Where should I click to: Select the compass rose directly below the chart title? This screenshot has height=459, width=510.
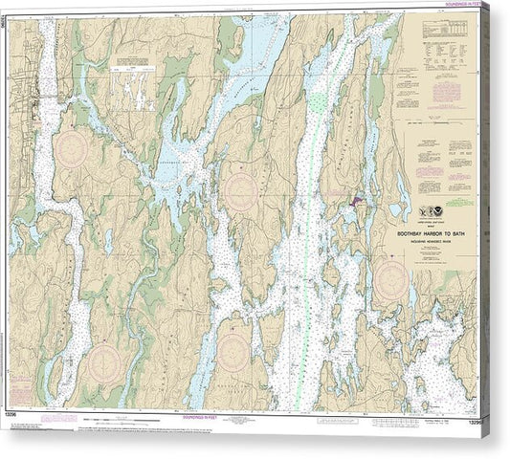point(391,279)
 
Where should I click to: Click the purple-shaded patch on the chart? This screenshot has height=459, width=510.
point(356,202)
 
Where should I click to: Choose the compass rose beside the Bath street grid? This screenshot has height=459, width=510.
point(73,148)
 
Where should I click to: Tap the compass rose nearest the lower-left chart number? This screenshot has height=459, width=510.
point(103,362)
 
